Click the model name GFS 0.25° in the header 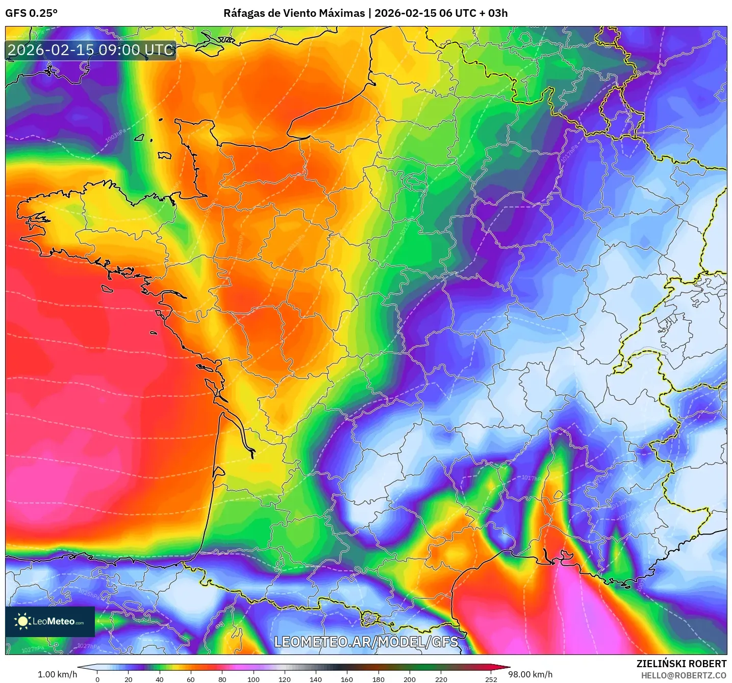(x=31, y=13)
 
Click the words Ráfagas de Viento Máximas (x=294, y=13)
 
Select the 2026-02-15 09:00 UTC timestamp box (x=91, y=50)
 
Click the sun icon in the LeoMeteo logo (x=22, y=621)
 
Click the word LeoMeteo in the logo (x=54, y=621)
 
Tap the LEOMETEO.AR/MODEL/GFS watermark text (x=366, y=642)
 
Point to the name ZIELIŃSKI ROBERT (x=681, y=664)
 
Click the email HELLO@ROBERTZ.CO (x=683, y=675)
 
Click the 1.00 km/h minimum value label (x=57, y=674)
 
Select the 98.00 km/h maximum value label (x=530, y=674)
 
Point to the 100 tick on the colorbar (x=253, y=679)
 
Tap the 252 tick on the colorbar (x=491, y=679)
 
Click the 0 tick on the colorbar (x=97, y=679)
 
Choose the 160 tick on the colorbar (x=347, y=679)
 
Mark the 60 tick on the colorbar (x=191, y=679)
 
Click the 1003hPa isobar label (x=115, y=136)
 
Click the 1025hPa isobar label (x=90, y=593)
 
